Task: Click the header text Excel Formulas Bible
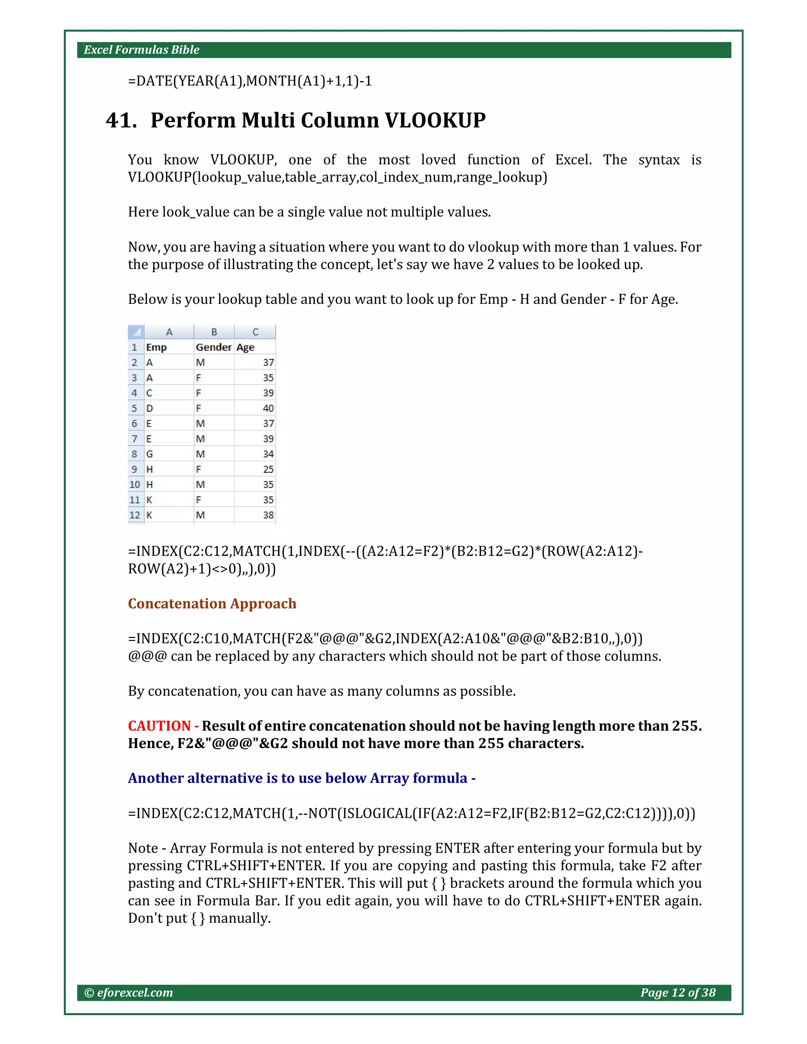coord(141,50)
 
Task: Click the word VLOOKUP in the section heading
coord(435,120)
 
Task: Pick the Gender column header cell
coord(213,347)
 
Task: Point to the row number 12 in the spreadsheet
coord(135,515)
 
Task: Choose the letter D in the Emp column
coord(150,408)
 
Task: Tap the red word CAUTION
coord(159,726)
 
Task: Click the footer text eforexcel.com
coord(134,993)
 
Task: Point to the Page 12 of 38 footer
coord(677,993)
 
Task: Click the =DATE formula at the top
coord(249,81)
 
